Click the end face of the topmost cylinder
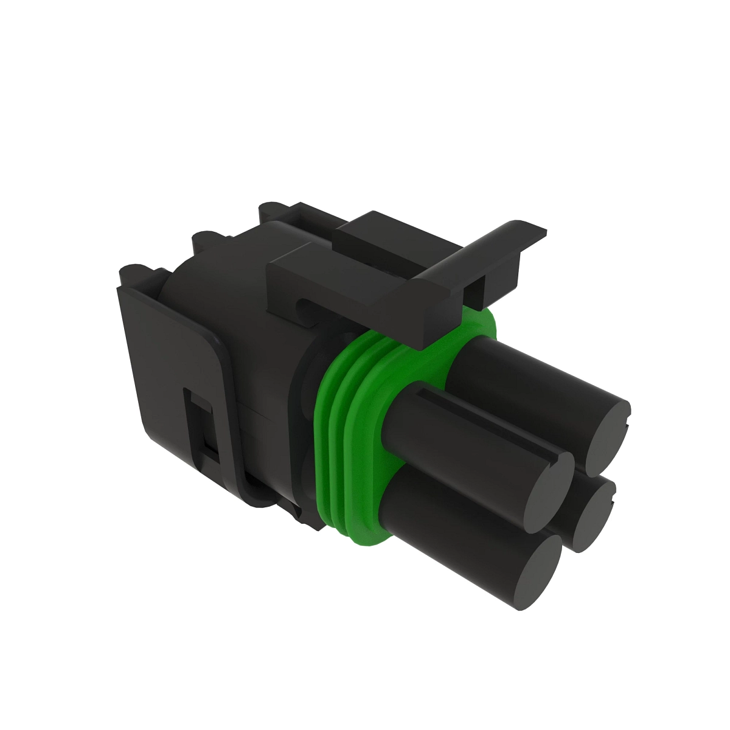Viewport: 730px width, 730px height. (x=608, y=437)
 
